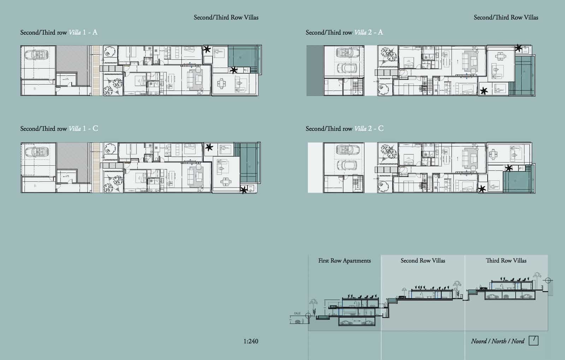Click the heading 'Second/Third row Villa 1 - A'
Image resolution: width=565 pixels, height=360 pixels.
click(x=59, y=33)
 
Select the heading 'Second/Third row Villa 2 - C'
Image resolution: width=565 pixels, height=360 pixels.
click(x=344, y=129)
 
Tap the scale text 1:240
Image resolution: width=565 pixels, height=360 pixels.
click(x=251, y=341)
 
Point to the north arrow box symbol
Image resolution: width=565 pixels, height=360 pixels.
click(x=534, y=341)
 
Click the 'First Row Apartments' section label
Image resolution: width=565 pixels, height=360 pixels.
click(x=344, y=261)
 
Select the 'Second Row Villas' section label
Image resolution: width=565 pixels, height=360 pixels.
click(x=423, y=261)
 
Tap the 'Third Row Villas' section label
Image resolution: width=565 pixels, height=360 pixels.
click(x=506, y=261)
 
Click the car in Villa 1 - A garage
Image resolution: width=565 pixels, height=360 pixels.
click(x=37, y=54)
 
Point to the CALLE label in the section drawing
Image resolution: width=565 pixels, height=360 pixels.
click(x=297, y=313)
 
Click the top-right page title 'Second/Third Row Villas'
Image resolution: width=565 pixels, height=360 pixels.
click(x=506, y=17)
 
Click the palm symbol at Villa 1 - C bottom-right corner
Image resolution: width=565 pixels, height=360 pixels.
click(x=243, y=190)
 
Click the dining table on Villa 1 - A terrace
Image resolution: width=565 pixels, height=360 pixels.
click(x=222, y=84)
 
